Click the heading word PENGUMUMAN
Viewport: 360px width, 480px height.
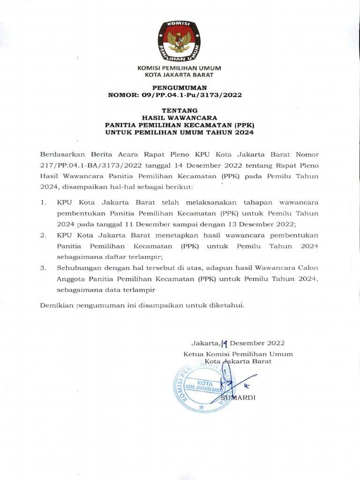(180, 88)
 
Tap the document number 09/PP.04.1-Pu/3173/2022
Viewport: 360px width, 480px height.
(188, 95)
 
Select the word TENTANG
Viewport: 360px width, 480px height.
(180, 112)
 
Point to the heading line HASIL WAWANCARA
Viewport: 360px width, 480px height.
(180, 119)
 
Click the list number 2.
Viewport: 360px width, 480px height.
(43, 234)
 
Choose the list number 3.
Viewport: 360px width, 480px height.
(43, 268)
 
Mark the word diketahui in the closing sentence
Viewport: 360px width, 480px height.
(227, 305)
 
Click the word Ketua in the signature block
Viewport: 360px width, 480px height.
(193, 354)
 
